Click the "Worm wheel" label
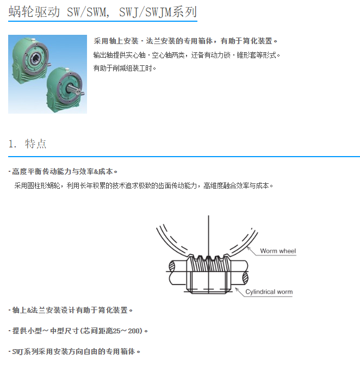click(278, 251)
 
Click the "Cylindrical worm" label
click(269, 292)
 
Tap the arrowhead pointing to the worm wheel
click(249, 249)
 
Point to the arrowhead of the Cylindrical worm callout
click(237, 290)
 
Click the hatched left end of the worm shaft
click(172, 266)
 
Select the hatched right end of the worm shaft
click(245, 278)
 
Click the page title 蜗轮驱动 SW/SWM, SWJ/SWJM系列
click(103, 11)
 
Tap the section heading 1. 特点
click(27, 144)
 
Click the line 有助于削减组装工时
click(125, 68)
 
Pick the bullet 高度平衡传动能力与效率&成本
click(63, 171)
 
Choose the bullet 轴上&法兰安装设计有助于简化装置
click(71, 310)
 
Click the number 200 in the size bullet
click(134, 331)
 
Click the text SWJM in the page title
click(158, 12)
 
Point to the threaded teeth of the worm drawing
click(208, 263)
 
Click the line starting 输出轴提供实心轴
click(187, 55)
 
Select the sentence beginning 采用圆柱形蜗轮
click(144, 186)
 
